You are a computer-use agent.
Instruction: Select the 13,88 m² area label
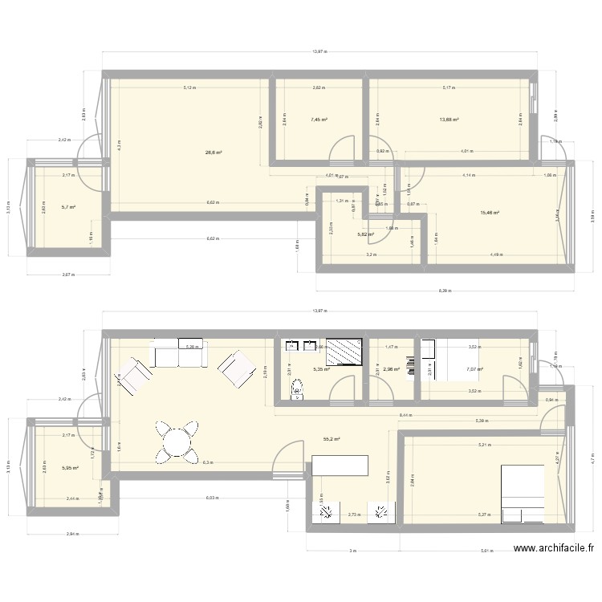tap(449, 120)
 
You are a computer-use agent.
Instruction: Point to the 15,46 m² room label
tap(490, 213)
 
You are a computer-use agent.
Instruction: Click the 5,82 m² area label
tap(365, 234)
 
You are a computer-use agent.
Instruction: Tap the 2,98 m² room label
tap(391, 369)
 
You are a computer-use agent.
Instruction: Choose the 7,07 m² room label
tap(474, 369)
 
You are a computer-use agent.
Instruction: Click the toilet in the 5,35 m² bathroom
tap(299, 391)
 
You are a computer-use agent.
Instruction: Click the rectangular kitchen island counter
tap(340, 465)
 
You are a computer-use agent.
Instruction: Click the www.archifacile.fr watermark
tap(554, 549)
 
